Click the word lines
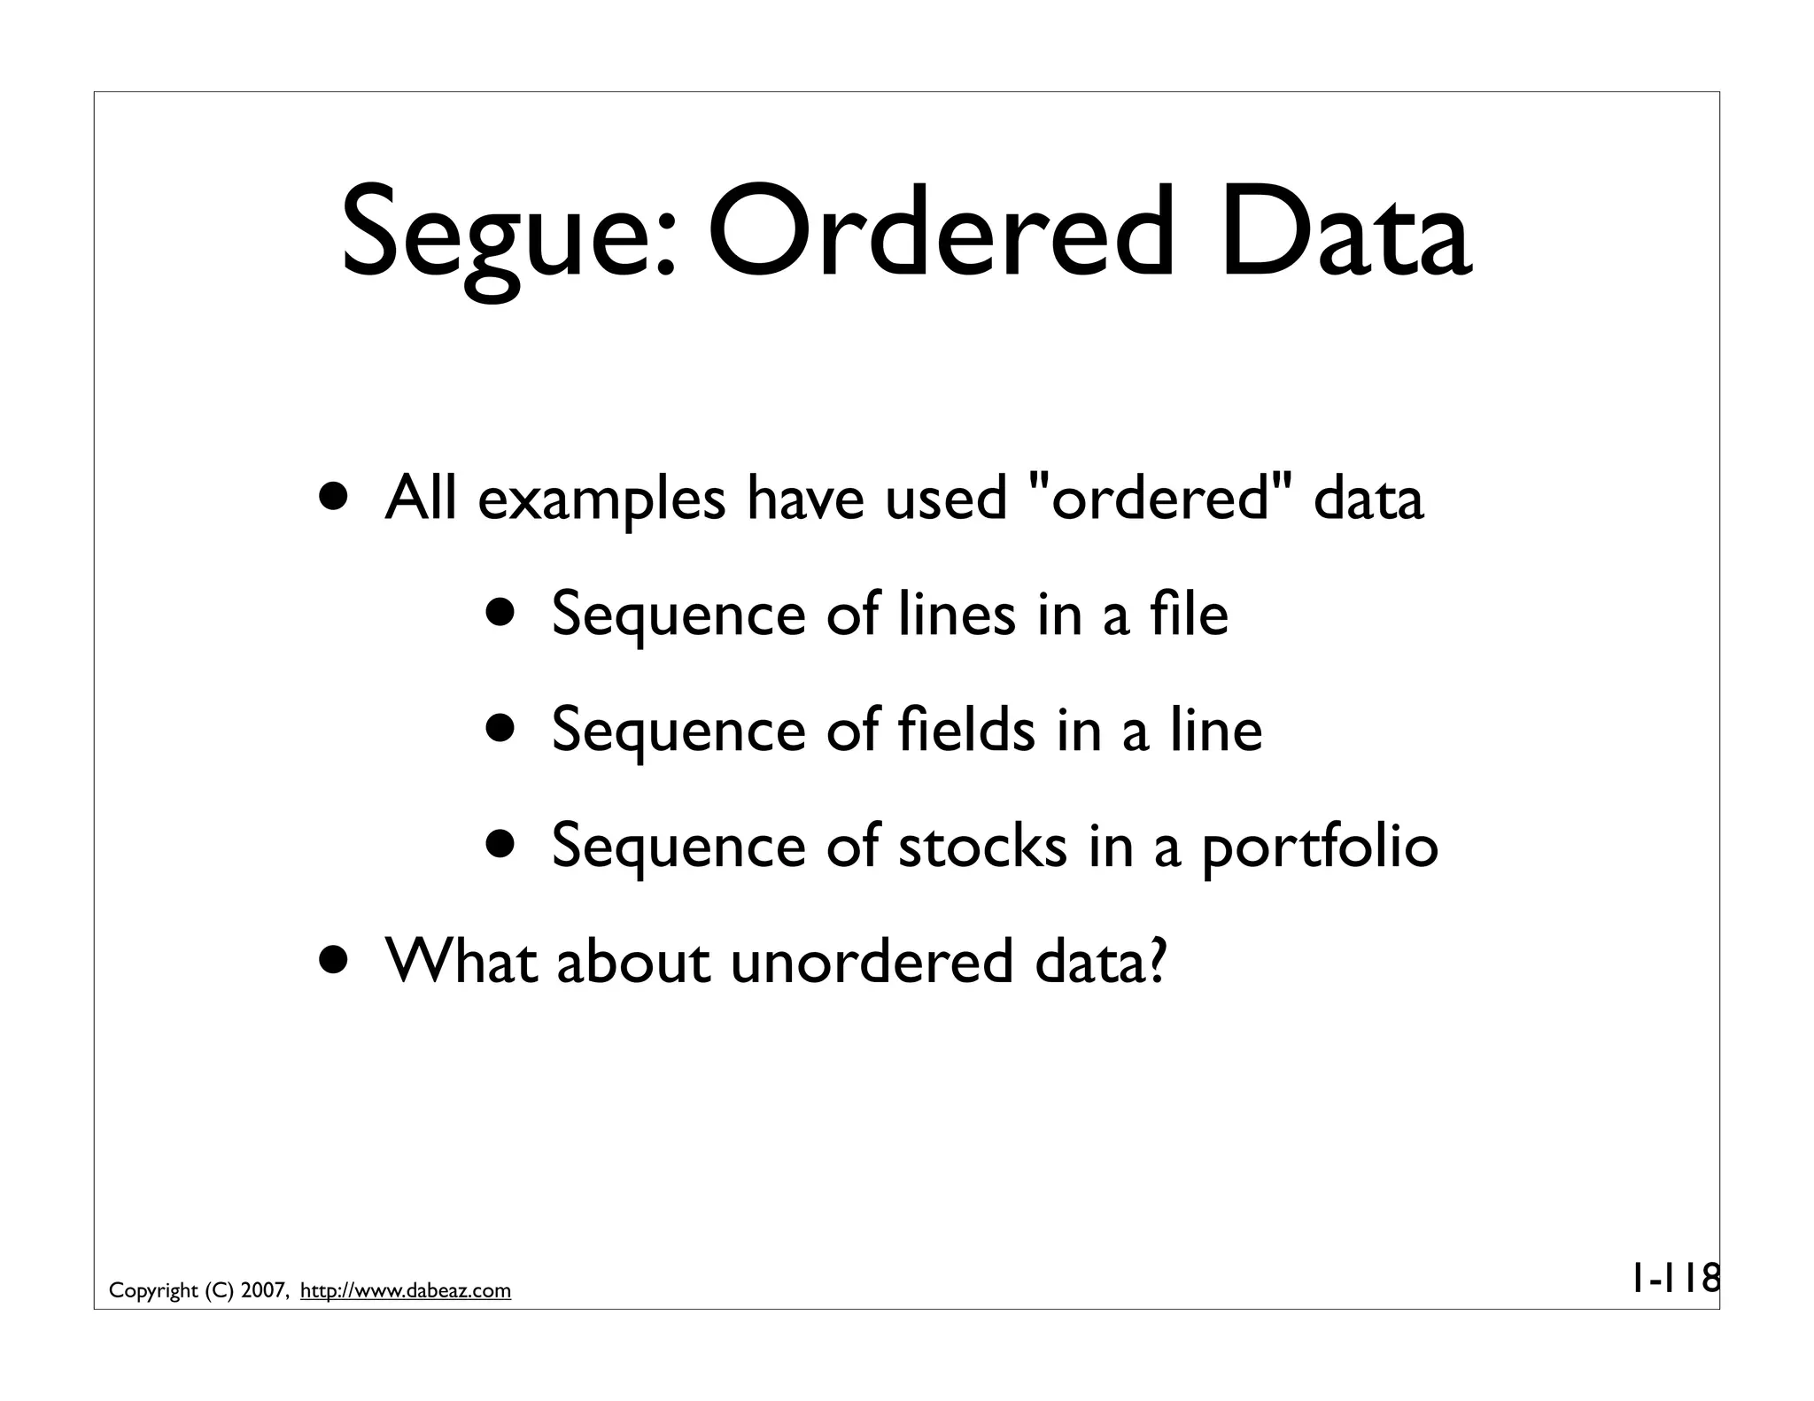tap(957, 614)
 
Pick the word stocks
tap(982, 845)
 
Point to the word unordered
tap(872, 962)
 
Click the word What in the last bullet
tap(461, 962)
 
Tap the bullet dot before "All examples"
tap(335, 498)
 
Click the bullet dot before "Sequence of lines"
tap(501, 614)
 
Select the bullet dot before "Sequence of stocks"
tap(501, 845)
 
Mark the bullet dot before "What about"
tap(335, 962)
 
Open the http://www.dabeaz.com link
tap(406, 1291)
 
